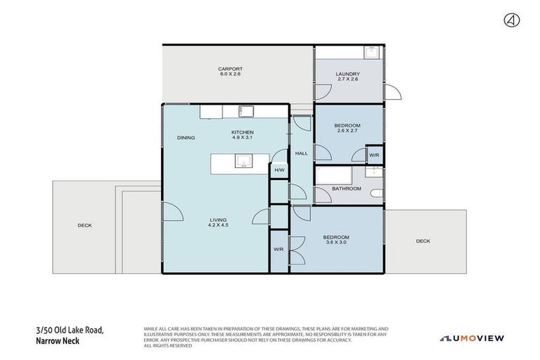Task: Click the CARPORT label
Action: pyautogui.click(x=230, y=69)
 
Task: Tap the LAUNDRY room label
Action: pyautogui.click(x=348, y=74)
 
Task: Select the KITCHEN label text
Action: pyautogui.click(x=242, y=132)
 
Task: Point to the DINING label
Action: pyautogui.click(x=186, y=138)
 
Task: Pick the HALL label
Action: pyautogui.click(x=301, y=153)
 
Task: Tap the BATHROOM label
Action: pyautogui.click(x=347, y=188)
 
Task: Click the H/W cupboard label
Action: pyautogui.click(x=279, y=170)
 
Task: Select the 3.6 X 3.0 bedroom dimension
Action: pyautogui.click(x=336, y=243)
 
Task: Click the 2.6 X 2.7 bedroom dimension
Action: pyautogui.click(x=347, y=131)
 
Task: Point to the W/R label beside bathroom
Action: pyautogui.click(x=374, y=155)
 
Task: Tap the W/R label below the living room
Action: pyautogui.click(x=278, y=250)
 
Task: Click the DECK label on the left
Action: pyautogui.click(x=84, y=226)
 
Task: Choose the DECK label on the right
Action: pyautogui.click(x=423, y=241)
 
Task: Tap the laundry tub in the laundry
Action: pyautogui.click(x=371, y=53)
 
